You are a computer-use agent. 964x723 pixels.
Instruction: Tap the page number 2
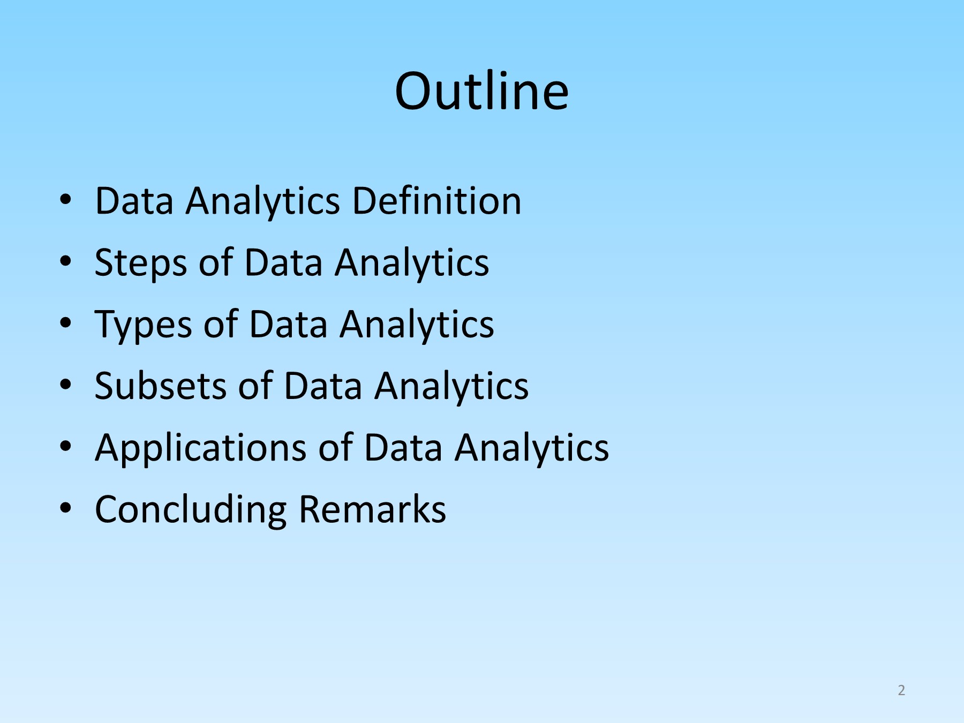click(x=901, y=690)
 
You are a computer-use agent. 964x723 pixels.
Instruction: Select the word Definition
click(x=436, y=201)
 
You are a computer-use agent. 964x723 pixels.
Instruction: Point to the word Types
click(x=144, y=325)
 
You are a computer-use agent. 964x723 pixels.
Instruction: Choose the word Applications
click(x=201, y=448)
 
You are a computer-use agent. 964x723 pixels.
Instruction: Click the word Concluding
click(x=191, y=510)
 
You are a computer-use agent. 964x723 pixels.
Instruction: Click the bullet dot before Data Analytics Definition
click(x=65, y=200)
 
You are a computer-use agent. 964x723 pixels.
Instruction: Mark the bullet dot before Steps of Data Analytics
click(x=65, y=262)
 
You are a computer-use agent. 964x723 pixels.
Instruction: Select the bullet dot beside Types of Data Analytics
click(x=65, y=323)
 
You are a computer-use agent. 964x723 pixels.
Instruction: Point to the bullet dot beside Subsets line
click(x=65, y=385)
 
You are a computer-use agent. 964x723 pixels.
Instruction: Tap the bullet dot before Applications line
click(x=65, y=447)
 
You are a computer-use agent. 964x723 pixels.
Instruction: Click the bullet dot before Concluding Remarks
click(x=65, y=508)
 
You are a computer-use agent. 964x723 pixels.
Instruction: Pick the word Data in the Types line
click(x=288, y=324)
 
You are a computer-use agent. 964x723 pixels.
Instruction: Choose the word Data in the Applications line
click(x=403, y=447)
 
